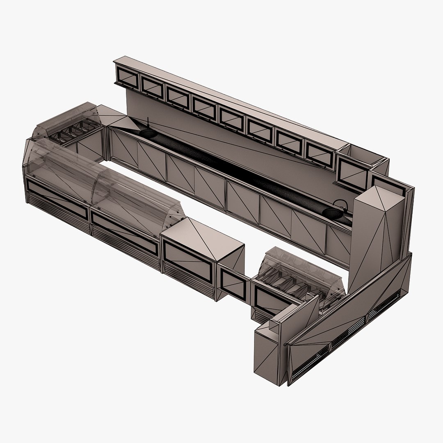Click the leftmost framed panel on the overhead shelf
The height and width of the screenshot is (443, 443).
pos(128,78)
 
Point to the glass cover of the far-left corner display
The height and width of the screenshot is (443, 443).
pos(68,121)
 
